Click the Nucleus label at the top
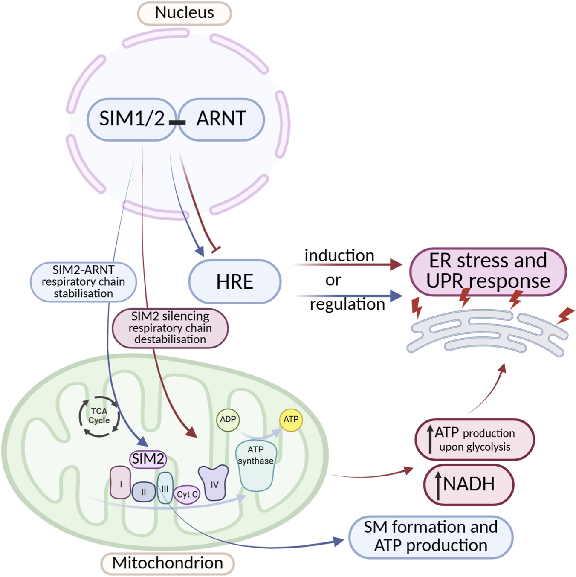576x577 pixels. pyautogui.click(x=184, y=13)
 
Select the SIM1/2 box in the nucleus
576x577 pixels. pyautogui.click(x=131, y=119)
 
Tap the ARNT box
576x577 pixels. pyautogui.click(x=221, y=119)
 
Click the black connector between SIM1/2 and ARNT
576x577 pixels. pyautogui.click(x=177, y=122)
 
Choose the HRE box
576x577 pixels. pyautogui.click(x=234, y=282)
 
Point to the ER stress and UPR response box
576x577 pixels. pyautogui.click(x=488, y=271)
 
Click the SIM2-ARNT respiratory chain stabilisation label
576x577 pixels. pyautogui.click(x=84, y=282)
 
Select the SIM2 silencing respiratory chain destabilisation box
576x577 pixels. pyautogui.click(x=170, y=328)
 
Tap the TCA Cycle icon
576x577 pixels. pyautogui.click(x=99, y=416)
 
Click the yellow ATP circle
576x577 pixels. pyautogui.click(x=291, y=420)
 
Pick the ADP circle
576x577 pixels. pyautogui.click(x=228, y=420)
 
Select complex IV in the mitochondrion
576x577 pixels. pyautogui.click(x=214, y=483)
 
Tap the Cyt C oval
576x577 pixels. pyautogui.click(x=187, y=495)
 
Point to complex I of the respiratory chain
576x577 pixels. pyautogui.click(x=121, y=483)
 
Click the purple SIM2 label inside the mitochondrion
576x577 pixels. pyautogui.click(x=148, y=459)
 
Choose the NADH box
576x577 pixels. pyautogui.click(x=469, y=485)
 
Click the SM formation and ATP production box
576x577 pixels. pyautogui.click(x=431, y=536)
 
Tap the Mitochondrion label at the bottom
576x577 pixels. pyautogui.click(x=168, y=563)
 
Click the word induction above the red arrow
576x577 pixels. pyautogui.click(x=339, y=256)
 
